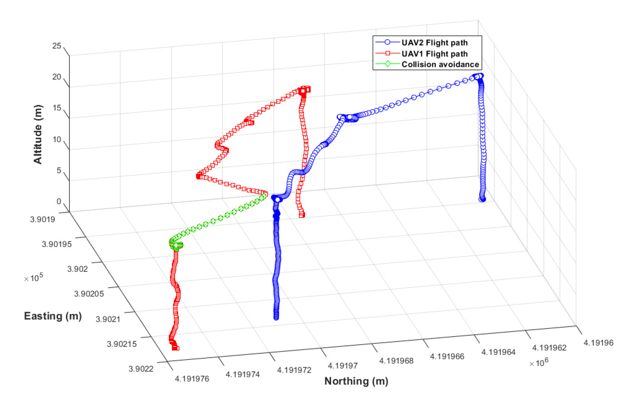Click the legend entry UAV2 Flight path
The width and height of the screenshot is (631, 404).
pyautogui.click(x=434, y=43)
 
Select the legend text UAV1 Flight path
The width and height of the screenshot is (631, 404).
pyautogui.click(x=434, y=54)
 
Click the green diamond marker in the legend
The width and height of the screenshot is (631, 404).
pyautogui.click(x=388, y=64)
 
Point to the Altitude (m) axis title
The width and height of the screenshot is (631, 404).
pyautogui.click(x=38, y=134)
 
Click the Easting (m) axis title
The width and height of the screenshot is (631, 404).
pyautogui.click(x=53, y=316)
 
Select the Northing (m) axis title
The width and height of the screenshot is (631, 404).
pyautogui.click(x=356, y=381)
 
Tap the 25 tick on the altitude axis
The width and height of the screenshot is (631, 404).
pyautogui.click(x=57, y=46)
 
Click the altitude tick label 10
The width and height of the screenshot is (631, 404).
pyautogui.click(x=57, y=140)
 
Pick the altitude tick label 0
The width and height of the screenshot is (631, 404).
pyautogui.click(x=59, y=201)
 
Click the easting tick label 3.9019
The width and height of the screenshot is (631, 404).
pyautogui.click(x=42, y=219)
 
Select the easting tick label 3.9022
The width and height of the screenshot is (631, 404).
pyautogui.click(x=141, y=369)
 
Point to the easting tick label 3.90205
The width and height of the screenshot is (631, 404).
pyautogui.click(x=89, y=294)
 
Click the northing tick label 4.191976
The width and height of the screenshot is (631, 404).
pyautogui.click(x=192, y=379)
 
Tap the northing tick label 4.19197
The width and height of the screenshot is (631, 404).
pyautogui.click(x=342, y=366)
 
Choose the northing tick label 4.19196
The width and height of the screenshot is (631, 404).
pyautogui.click(x=598, y=343)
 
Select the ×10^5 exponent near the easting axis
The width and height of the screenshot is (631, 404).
pyautogui.click(x=33, y=278)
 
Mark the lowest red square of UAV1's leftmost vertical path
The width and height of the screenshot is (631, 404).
pyautogui.click(x=175, y=348)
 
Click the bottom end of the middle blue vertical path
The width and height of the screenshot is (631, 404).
pyautogui.click(x=276, y=317)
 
